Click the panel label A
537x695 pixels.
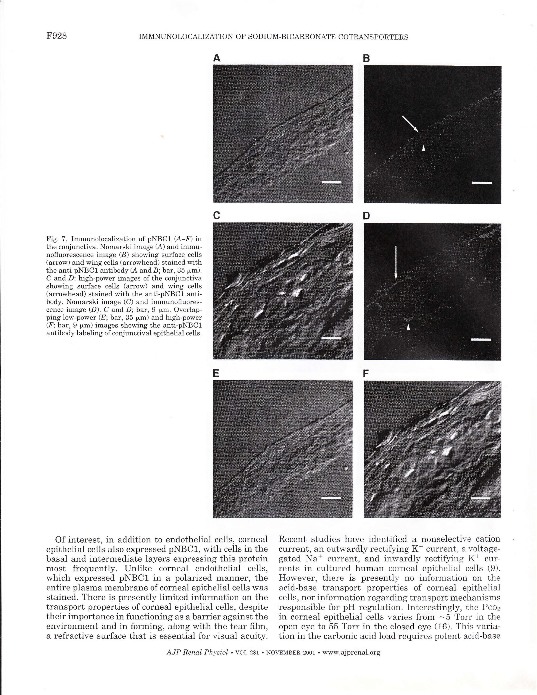click(217, 58)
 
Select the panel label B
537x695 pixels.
click(367, 59)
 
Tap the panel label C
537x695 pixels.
click(216, 216)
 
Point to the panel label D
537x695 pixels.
click(367, 216)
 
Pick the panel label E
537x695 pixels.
click(216, 374)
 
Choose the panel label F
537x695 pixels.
click(366, 374)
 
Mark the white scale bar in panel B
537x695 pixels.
click(481, 183)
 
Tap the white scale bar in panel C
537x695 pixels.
click(331, 339)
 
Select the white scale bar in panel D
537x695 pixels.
click(481, 340)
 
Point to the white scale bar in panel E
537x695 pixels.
click(331, 498)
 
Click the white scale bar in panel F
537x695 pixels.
click(480, 498)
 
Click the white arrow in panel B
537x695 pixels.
click(410, 124)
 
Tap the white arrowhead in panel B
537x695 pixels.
click(423, 148)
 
